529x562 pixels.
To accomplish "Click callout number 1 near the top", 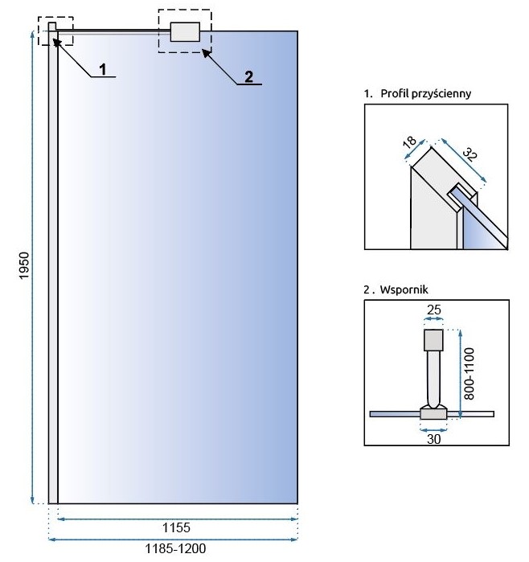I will coord(104,68).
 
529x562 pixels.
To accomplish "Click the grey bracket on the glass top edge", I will coord(184,31).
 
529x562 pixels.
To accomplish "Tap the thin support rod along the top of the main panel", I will coord(113,31).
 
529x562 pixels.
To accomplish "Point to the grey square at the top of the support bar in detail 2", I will coord(433,339).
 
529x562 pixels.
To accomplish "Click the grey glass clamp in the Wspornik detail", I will coord(433,413).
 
